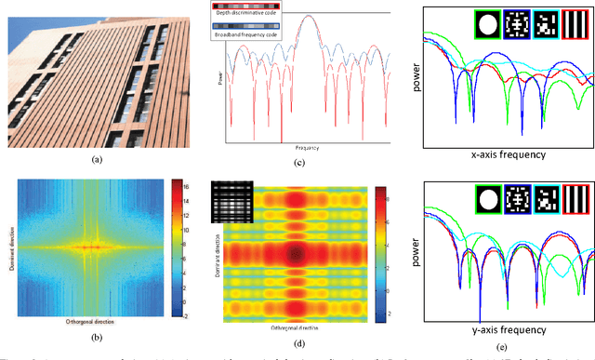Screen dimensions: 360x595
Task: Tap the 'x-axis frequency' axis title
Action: [x=503, y=154]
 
